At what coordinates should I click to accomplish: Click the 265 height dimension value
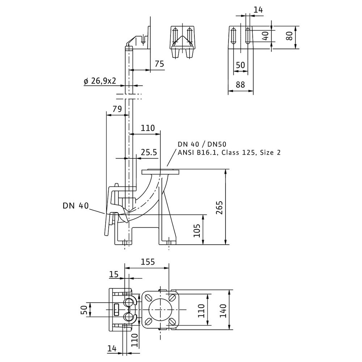point(219,207)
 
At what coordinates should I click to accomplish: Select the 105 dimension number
point(197,230)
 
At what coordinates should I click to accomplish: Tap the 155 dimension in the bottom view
point(148,262)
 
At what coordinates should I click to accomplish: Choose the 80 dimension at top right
point(289,36)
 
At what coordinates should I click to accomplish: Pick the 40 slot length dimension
point(265,36)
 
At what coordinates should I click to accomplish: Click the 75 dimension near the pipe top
point(159,64)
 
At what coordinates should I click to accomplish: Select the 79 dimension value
point(117,109)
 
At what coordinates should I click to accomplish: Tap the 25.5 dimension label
point(149,152)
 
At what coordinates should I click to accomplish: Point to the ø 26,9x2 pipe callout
point(100,81)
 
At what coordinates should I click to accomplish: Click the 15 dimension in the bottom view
point(114,274)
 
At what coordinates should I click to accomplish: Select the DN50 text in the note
point(217,144)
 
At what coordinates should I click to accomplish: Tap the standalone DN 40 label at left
point(76,206)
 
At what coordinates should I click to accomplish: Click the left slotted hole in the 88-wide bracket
point(233,36)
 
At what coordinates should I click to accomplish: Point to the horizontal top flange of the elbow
point(160,172)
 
